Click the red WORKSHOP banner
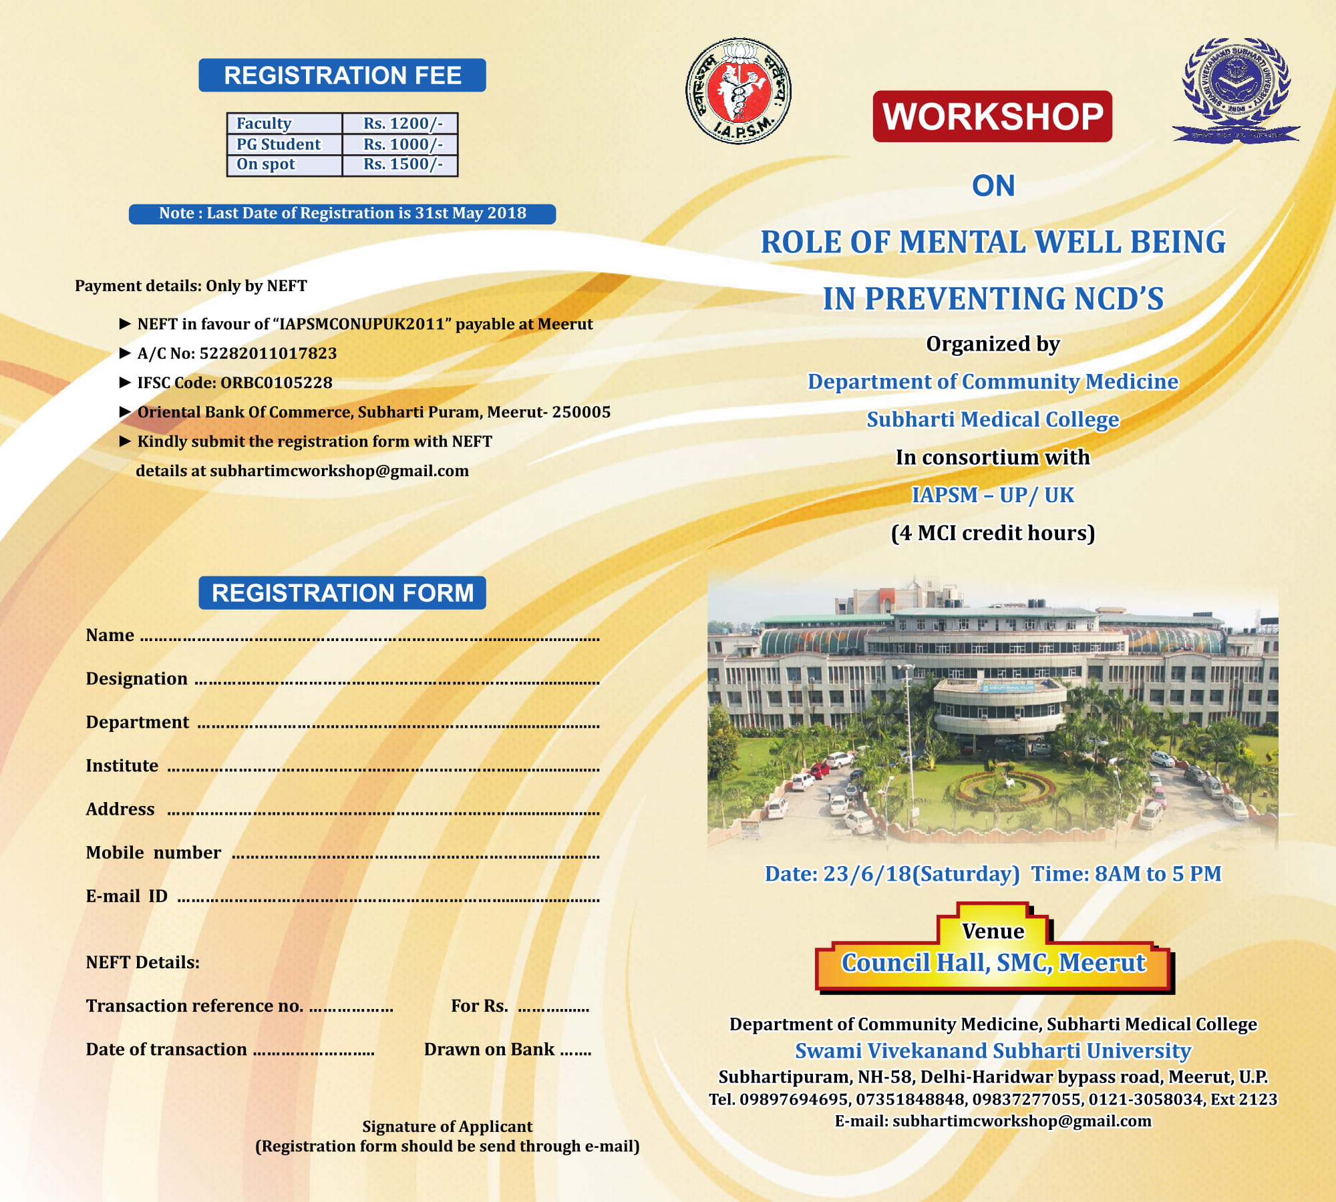[992, 116]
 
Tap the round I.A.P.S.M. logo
[739, 91]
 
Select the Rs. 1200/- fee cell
[402, 124]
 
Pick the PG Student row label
[279, 144]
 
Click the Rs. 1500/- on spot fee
[402, 164]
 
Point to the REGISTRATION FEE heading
[342, 75]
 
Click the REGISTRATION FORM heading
[342, 593]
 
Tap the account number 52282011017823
[268, 353]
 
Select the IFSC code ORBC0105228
[276, 383]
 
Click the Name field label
[110, 635]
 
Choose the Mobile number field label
[154, 853]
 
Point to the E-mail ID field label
[127, 896]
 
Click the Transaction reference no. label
[194, 1006]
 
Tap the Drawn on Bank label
[489, 1049]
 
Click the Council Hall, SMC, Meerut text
[993, 963]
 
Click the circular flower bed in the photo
[1000, 787]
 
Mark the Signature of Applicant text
[447, 1127]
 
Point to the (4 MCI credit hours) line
[993, 533]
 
